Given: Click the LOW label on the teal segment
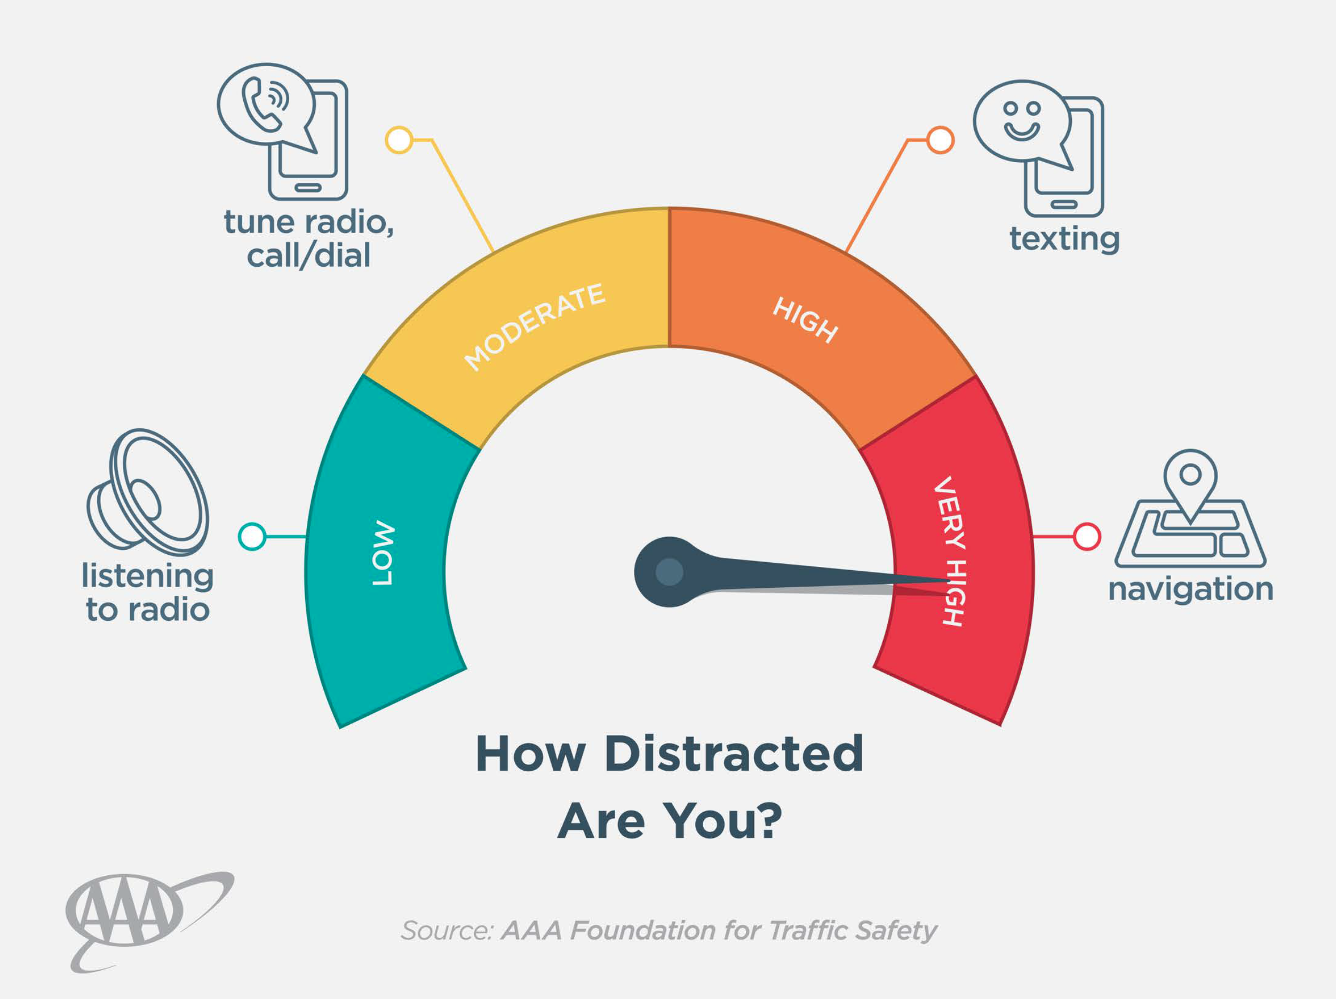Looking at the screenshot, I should (383, 553).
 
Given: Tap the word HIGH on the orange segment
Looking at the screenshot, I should (806, 319).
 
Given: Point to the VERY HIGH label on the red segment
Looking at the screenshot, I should (950, 550).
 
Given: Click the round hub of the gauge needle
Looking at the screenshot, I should (669, 572).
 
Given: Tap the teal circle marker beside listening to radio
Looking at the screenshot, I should (252, 536).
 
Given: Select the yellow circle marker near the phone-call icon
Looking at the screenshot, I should (399, 140).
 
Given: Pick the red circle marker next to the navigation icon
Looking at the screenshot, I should (1086, 536).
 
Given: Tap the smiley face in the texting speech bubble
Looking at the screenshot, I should (1021, 120).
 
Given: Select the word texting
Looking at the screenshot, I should (1064, 239).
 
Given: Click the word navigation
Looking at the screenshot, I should (1190, 589).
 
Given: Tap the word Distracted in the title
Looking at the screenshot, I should (733, 754).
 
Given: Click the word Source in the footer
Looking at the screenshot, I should (447, 931).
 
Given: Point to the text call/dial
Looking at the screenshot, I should (308, 256).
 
